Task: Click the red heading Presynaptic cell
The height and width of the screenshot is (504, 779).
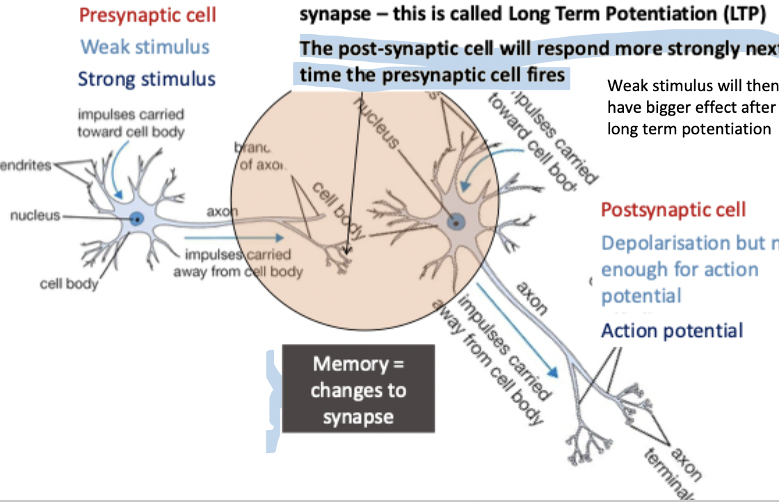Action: pyautogui.click(x=147, y=15)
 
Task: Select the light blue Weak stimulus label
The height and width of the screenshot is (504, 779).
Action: pyautogui.click(x=145, y=47)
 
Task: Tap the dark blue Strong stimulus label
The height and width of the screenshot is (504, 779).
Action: pyautogui.click(x=147, y=79)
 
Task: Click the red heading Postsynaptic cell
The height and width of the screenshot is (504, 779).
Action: pyautogui.click(x=673, y=210)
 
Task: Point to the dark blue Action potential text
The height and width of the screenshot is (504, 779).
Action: pyautogui.click(x=672, y=330)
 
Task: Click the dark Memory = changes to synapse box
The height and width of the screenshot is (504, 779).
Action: pyautogui.click(x=358, y=389)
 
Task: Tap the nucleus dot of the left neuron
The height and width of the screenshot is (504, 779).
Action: pyautogui.click(x=138, y=219)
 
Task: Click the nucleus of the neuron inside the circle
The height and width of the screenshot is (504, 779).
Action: pyautogui.click(x=456, y=223)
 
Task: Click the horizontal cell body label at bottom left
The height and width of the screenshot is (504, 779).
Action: pyautogui.click(x=69, y=283)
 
